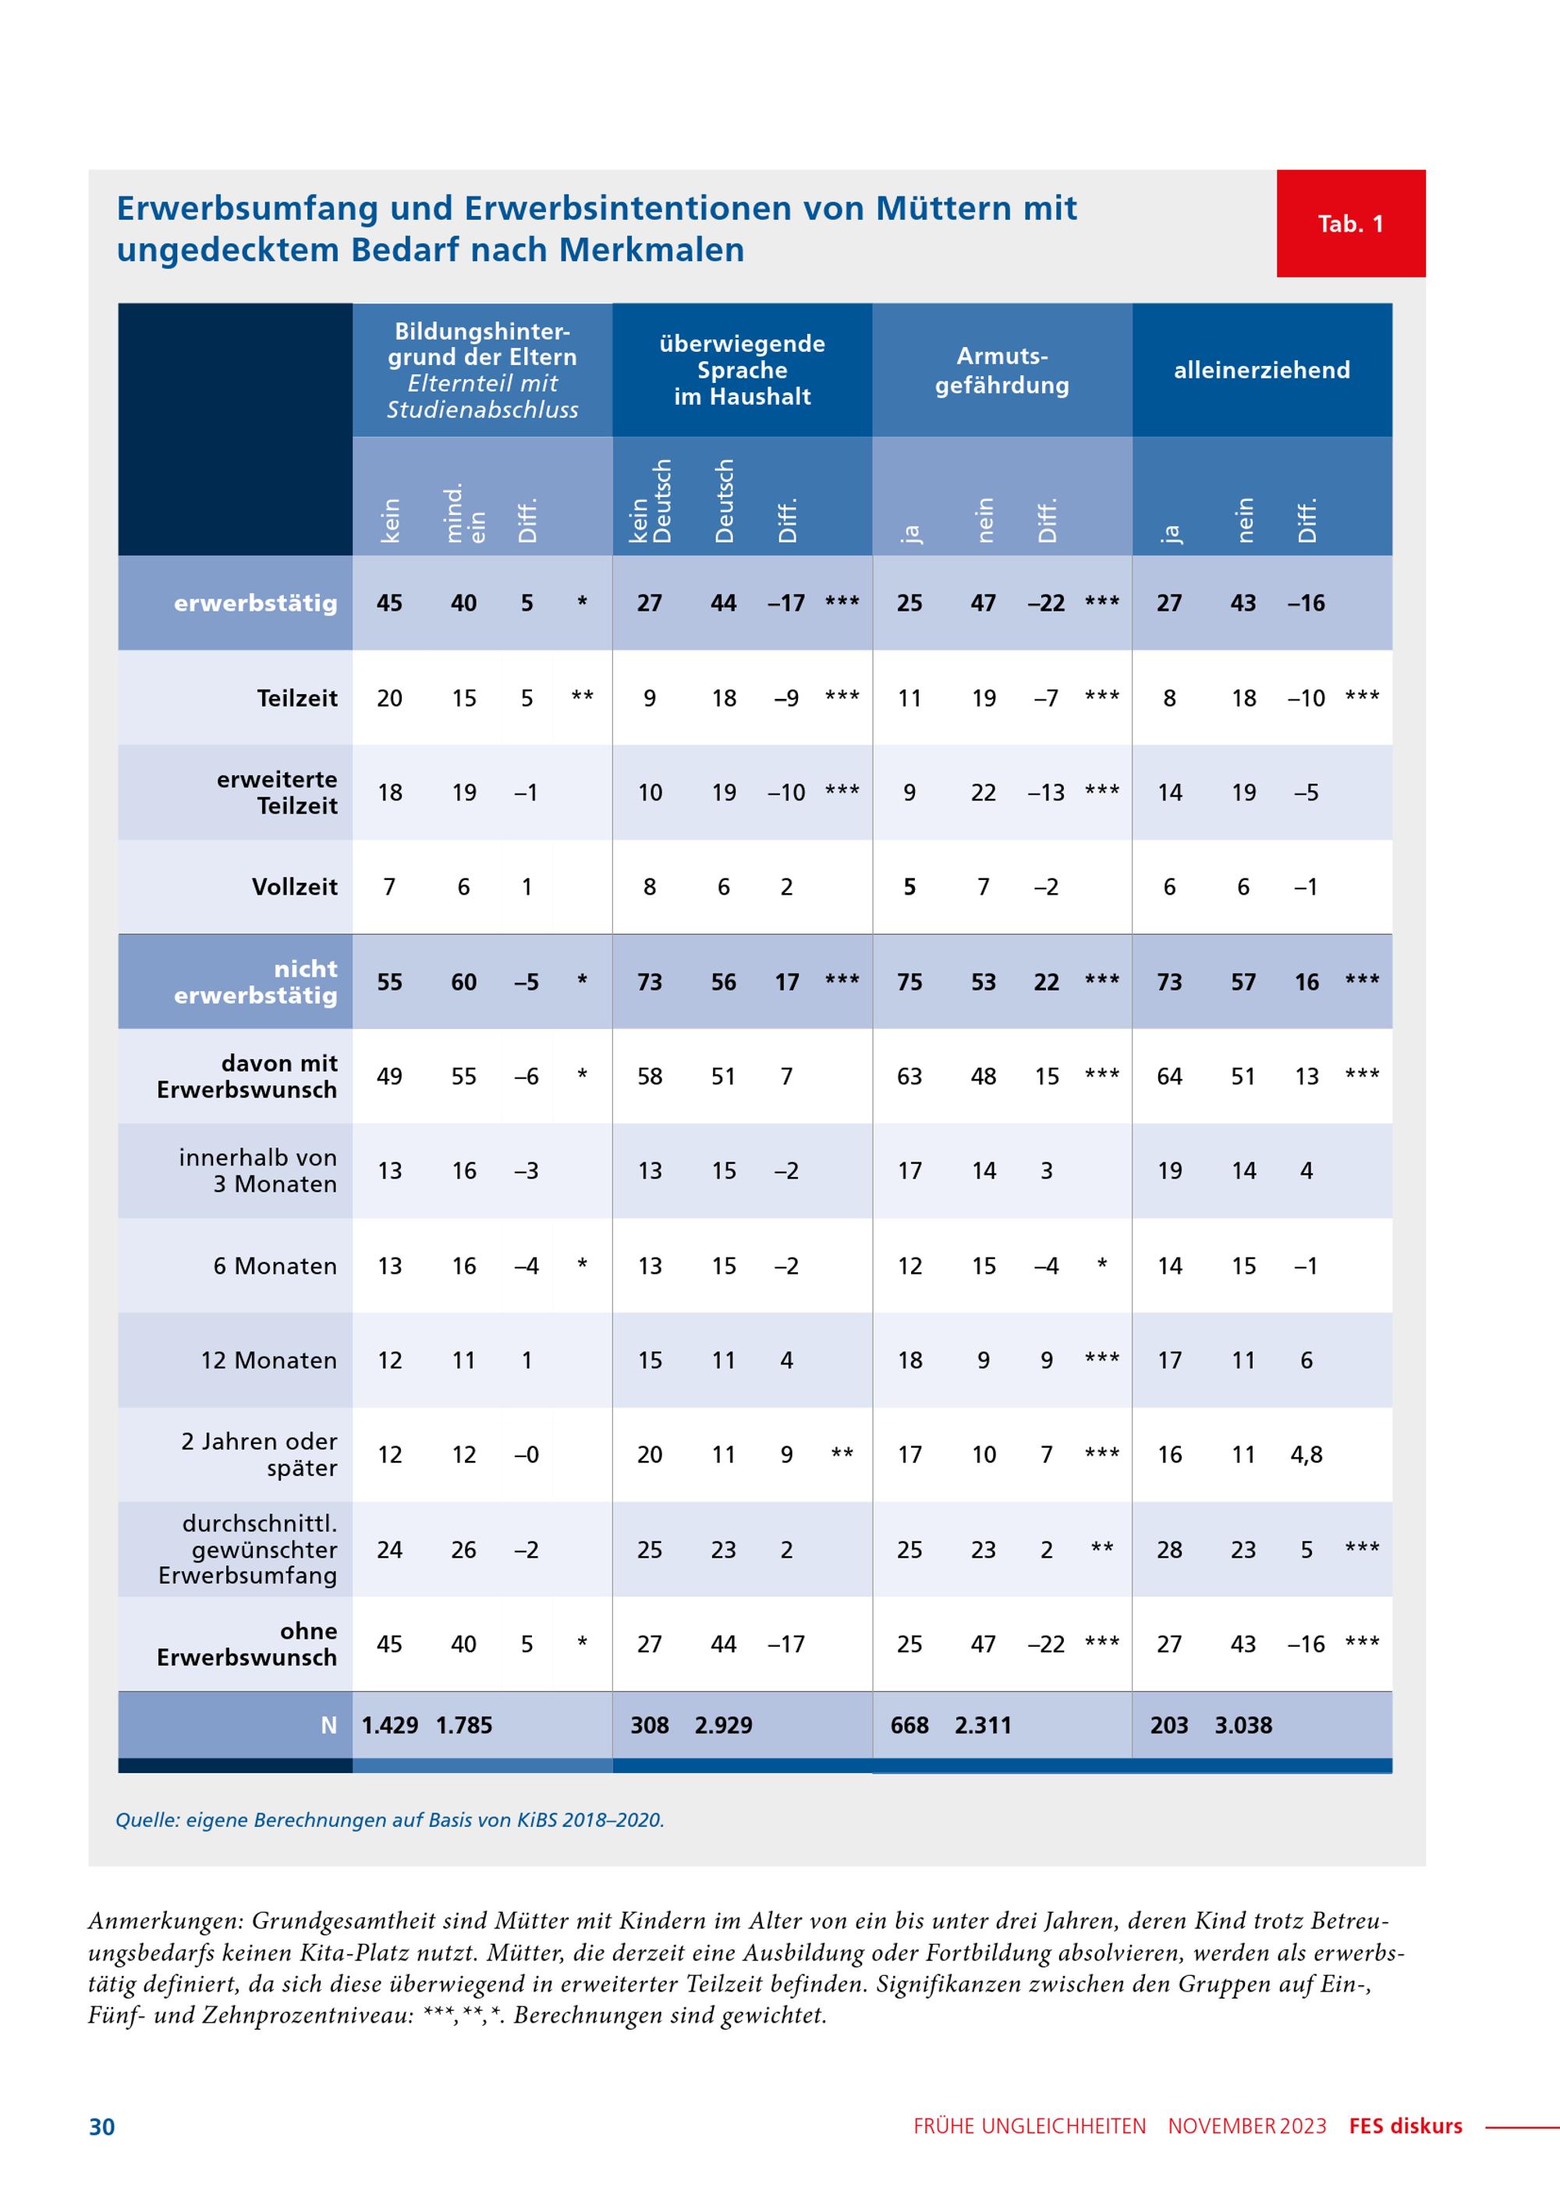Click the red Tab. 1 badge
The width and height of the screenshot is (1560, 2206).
[1351, 224]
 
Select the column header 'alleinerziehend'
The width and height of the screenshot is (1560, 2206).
[1261, 370]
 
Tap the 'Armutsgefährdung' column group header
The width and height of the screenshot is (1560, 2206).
[1002, 370]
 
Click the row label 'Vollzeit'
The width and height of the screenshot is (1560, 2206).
[294, 887]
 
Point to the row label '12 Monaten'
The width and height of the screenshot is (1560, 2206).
[269, 1360]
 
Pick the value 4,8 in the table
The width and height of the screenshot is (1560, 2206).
[1306, 1455]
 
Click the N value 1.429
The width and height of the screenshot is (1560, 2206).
[389, 1725]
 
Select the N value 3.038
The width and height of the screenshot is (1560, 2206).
[1243, 1725]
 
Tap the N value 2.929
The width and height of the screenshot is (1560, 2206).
[723, 1725]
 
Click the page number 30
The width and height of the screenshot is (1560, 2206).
[102, 2127]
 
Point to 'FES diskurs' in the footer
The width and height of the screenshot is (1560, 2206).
[1406, 2126]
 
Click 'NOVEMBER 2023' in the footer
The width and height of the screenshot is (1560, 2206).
[1247, 2126]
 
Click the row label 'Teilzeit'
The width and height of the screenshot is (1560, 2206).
[297, 698]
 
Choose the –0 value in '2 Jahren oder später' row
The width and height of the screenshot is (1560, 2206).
[526, 1455]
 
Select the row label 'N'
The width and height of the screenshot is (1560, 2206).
[328, 1725]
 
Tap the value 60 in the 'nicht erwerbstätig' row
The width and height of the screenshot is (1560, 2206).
[464, 982]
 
